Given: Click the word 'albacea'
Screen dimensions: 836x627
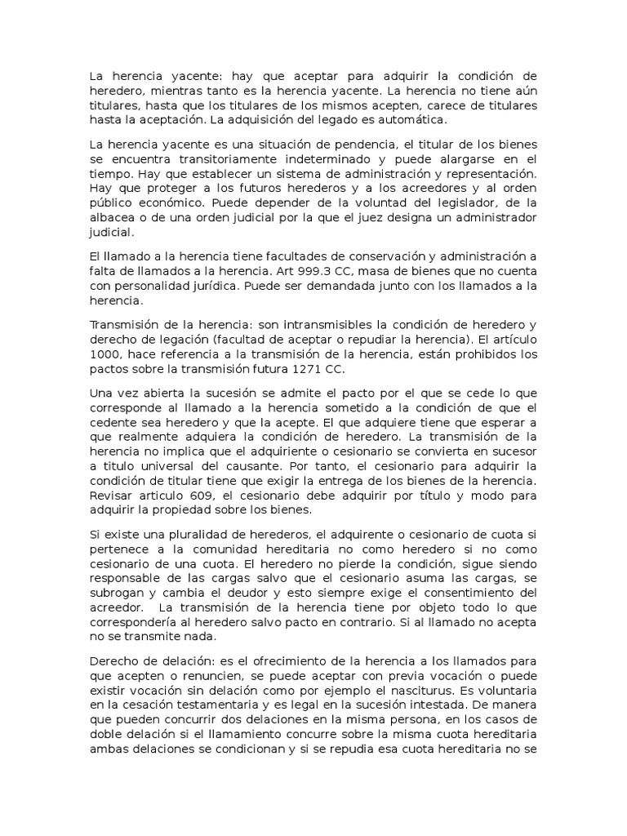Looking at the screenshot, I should point(113,217).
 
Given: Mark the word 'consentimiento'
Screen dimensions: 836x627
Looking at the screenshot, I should point(461,593).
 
